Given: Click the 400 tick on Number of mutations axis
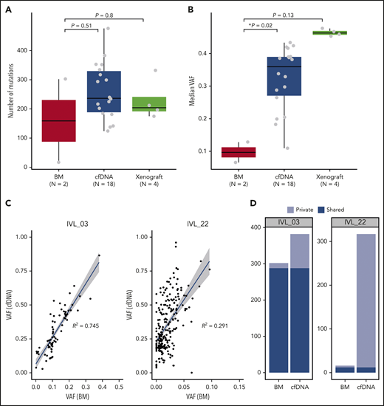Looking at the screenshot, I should point(25,51).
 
